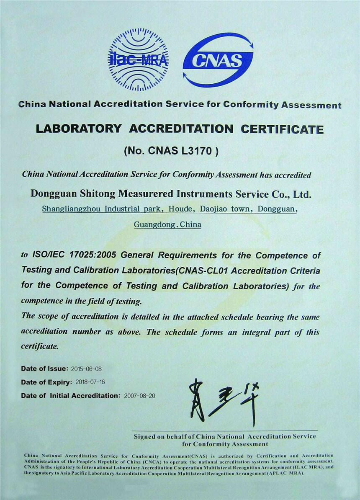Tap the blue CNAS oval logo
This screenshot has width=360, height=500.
tap(218, 60)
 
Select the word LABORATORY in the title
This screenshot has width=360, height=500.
tap(78, 129)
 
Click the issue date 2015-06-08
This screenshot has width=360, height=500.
tap(86, 369)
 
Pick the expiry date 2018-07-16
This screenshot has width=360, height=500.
tap(90, 382)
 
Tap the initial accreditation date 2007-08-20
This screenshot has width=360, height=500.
tap(139, 396)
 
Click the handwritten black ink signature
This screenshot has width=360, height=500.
tap(224, 400)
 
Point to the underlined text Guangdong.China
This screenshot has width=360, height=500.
tap(167, 224)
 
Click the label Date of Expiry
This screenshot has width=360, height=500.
tap(46, 382)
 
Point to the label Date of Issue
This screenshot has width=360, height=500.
tap(44, 369)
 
